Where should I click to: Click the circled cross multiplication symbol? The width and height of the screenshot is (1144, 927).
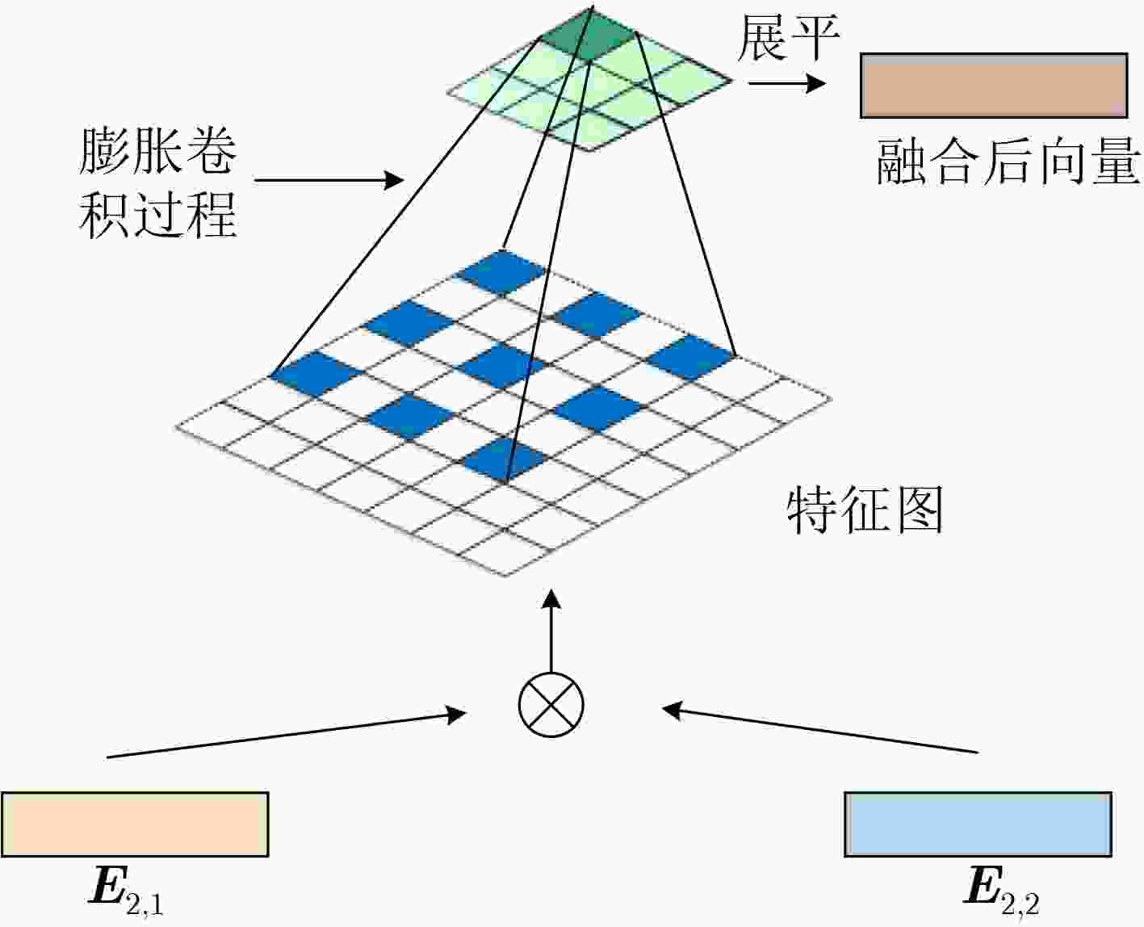point(551,705)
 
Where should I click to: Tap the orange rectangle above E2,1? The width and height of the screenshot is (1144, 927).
point(135,824)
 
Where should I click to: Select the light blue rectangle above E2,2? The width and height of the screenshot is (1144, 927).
point(978,824)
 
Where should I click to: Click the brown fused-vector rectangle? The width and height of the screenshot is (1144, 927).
point(994,86)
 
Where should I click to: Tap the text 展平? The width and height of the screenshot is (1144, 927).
point(788,38)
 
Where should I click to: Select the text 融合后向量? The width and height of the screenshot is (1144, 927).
point(1008,161)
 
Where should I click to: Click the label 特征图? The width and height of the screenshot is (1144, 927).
point(865,510)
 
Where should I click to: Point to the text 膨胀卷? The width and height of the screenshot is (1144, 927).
point(158,152)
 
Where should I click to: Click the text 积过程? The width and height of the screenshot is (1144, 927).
point(158,216)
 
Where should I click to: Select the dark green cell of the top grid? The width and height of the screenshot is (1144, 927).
point(589,38)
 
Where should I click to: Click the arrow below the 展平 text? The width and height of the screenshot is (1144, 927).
point(787,83)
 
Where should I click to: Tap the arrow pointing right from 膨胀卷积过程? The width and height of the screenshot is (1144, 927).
point(329,180)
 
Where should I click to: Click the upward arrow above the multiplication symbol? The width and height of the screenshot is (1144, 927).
point(551,631)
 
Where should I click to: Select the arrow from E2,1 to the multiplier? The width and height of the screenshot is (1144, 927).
point(287,736)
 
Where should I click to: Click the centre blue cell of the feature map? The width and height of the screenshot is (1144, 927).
point(501,366)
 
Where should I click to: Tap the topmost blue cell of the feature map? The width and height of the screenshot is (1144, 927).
point(501,272)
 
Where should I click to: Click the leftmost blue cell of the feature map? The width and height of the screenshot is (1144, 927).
point(316,374)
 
